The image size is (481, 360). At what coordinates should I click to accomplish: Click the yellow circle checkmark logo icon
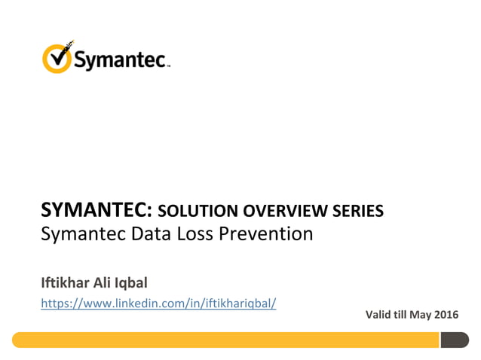[x=58, y=58]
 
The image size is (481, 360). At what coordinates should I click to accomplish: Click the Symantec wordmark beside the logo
[x=120, y=59]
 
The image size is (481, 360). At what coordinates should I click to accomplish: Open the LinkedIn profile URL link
[x=158, y=303]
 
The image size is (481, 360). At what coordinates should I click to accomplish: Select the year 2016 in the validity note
[x=446, y=314]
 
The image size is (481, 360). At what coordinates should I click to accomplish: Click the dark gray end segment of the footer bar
[x=454, y=340]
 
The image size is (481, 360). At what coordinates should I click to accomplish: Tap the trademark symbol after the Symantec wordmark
[x=169, y=66]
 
